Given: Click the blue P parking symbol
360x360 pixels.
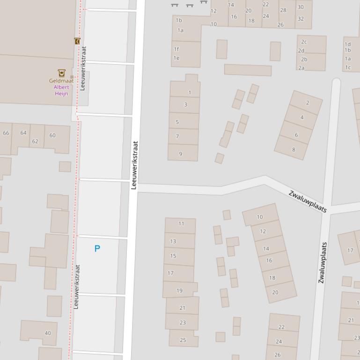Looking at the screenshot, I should pos(97,249).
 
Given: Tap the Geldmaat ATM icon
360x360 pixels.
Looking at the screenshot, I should pos(61,72).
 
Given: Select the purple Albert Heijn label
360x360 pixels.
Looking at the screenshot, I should pos(61,90).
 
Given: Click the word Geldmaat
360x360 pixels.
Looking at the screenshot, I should pos(61,80).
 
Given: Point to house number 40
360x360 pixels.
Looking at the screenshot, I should pos(48,333).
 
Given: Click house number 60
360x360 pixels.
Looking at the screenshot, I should pos(52,136).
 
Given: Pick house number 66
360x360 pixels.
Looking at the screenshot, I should pos(6,133).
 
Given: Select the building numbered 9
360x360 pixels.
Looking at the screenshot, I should pos(180,154).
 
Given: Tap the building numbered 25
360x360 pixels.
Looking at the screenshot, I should pos(183,340).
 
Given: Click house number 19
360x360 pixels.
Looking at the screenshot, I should pos(179,290).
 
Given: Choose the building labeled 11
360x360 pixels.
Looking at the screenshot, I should pos(181,223).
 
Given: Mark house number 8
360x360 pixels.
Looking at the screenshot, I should pos(294,150).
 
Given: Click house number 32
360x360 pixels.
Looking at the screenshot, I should pos(301,19).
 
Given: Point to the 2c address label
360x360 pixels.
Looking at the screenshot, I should pos(304,42).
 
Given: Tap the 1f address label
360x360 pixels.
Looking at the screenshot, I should pos(176,49).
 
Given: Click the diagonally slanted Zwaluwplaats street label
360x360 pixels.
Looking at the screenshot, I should pos(307,202).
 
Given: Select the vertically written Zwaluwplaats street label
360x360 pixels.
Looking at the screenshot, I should pos(322,262).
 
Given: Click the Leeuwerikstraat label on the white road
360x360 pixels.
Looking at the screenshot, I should pos(134,165).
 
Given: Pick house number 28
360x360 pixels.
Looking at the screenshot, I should pos(283,10).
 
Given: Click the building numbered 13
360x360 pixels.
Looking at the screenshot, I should pos(173,241).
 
